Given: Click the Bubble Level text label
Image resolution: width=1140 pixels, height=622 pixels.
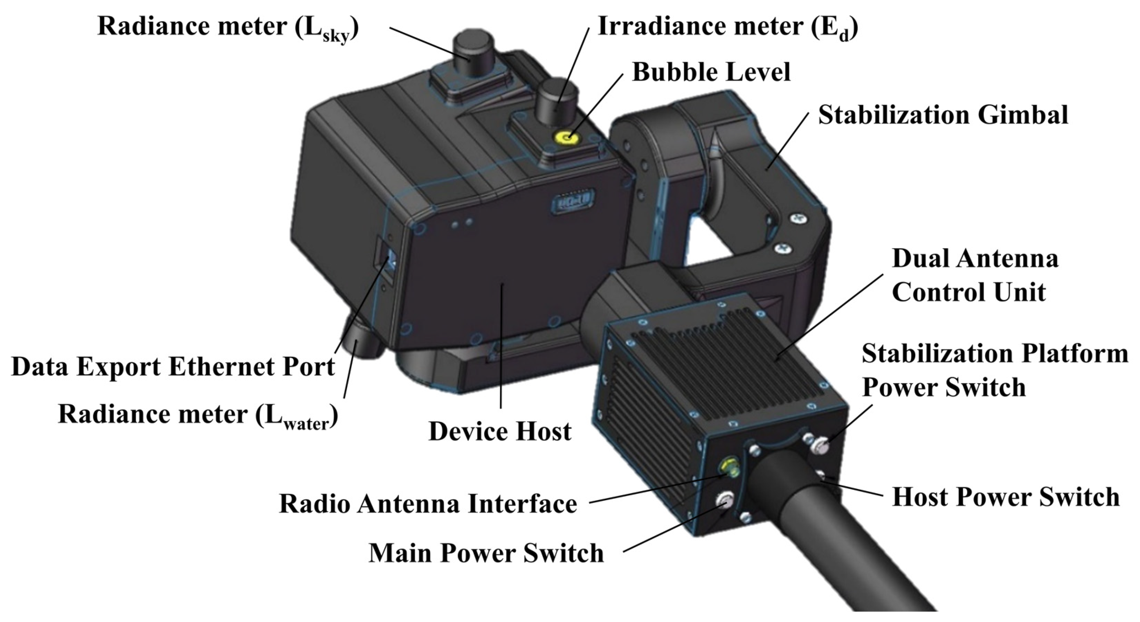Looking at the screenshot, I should pyautogui.click(x=711, y=72).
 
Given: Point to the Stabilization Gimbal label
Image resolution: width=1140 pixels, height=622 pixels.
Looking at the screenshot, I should pyautogui.click(x=943, y=115).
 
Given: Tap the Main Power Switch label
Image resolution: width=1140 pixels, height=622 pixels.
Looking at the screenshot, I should pyautogui.click(x=486, y=553).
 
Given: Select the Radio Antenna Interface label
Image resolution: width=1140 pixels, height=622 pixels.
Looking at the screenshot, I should pyautogui.click(x=428, y=504).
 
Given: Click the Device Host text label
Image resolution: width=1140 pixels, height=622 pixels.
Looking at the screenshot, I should pyautogui.click(x=500, y=432).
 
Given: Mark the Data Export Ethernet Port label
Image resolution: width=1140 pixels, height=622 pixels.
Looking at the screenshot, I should pyautogui.click(x=173, y=367).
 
